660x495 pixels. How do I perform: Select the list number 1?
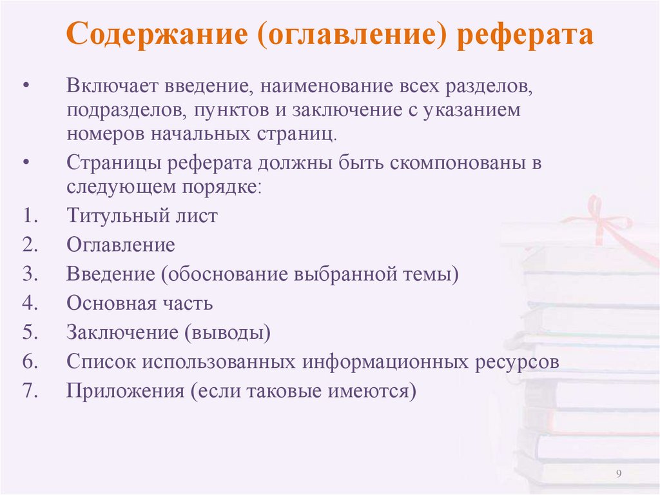30,216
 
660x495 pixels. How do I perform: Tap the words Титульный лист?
142,216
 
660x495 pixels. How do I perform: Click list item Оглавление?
121,245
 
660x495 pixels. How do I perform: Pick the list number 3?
30,274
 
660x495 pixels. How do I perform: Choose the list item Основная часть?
139,303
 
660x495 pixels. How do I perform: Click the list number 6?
30,361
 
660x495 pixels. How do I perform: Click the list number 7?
30,391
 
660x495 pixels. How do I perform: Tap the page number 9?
619,474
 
